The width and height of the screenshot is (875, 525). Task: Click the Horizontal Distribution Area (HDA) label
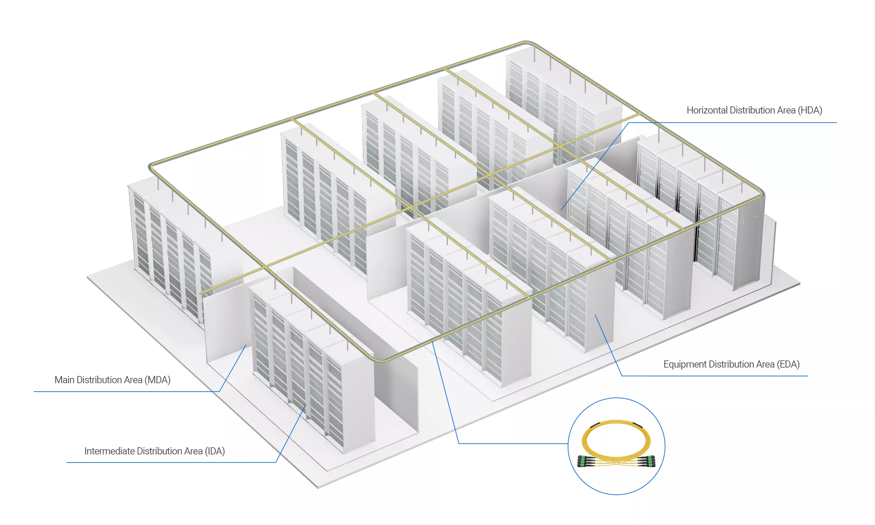coord(754,110)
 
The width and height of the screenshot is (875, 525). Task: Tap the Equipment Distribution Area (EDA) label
coord(731,364)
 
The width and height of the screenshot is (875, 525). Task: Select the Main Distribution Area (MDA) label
coord(113,380)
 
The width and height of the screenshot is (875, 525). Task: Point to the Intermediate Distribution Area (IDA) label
coord(154,451)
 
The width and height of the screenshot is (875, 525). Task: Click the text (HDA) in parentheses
coord(810,110)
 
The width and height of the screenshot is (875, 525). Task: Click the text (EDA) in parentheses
coord(788,364)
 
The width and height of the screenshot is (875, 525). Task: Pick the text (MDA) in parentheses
coord(158,380)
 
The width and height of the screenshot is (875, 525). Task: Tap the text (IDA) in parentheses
coord(215,451)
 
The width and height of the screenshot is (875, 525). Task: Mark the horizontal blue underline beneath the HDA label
coord(733,123)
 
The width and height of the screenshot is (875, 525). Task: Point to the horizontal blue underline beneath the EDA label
coord(715,376)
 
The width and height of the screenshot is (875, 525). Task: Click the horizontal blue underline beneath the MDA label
coord(126,392)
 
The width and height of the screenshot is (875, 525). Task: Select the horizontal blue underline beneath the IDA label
coord(171,462)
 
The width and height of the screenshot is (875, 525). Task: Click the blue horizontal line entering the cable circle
coord(513,443)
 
